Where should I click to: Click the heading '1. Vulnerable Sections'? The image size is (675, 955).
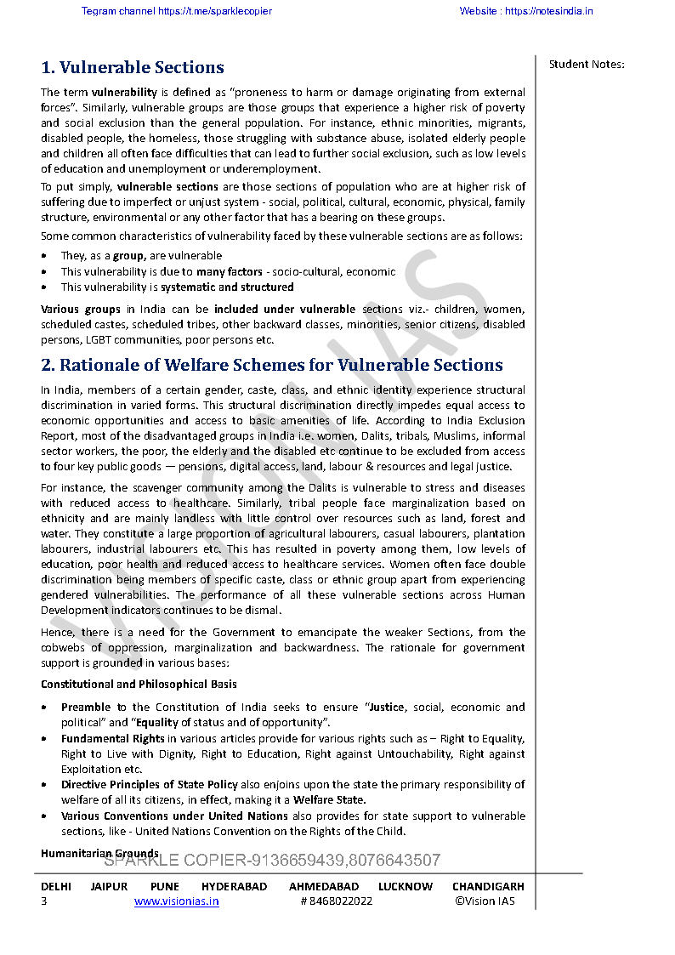[133, 68]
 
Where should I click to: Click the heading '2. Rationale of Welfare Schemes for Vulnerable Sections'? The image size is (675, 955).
[272, 366]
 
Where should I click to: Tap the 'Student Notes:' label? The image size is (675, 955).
[587, 64]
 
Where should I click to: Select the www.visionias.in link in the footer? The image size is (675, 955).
[177, 901]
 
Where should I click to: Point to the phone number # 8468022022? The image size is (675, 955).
[336, 901]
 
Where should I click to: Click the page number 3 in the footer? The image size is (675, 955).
[44, 901]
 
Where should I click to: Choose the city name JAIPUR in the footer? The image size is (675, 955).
[109, 886]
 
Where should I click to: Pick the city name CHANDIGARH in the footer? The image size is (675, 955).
[488, 886]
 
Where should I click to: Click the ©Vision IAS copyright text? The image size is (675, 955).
[485, 901]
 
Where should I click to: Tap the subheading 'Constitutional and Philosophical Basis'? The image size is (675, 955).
[139, 684]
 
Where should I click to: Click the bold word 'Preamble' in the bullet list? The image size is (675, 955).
[86, 708]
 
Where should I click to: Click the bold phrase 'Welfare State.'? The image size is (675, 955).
[330, 799]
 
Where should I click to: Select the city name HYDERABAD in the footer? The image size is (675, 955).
[234, 886]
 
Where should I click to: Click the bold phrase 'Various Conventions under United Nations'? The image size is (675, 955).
[174, 816]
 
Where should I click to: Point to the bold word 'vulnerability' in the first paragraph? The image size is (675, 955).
[124, 92]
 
